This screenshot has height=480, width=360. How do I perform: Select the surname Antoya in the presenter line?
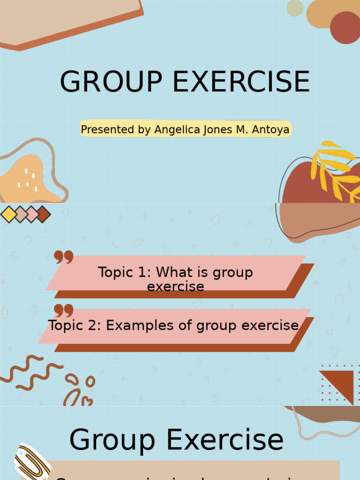(x=271, y=130)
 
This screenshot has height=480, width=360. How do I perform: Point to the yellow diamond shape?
(x=9, y=214)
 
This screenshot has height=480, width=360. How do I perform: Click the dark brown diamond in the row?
(x=43, y=214)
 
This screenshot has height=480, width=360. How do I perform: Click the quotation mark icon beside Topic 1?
(x=64, y=257)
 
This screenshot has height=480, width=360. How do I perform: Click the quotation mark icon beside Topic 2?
(x=64, y=310)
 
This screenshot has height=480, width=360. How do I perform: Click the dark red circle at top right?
(x=345, y=27)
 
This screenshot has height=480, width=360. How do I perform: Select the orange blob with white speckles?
(x=26, y=180)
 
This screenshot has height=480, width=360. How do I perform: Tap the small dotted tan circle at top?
(x=295, y=8)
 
